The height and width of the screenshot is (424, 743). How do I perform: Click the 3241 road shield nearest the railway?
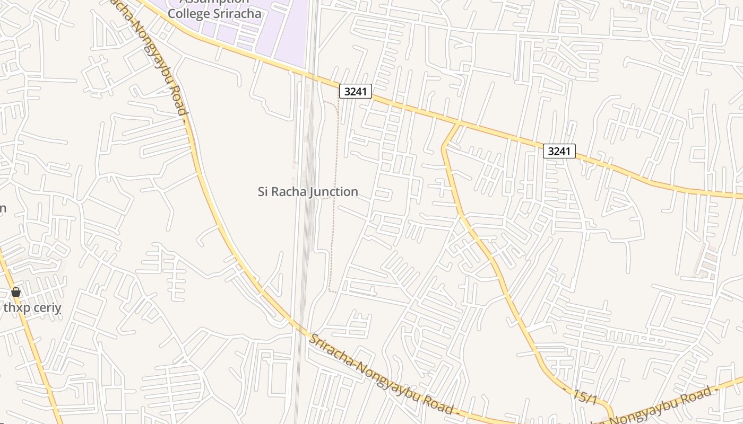point(355,91)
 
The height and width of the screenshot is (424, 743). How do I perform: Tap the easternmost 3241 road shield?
point(559,151)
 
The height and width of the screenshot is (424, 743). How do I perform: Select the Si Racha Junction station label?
point(308,191)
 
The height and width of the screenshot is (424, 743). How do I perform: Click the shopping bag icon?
point(16,292)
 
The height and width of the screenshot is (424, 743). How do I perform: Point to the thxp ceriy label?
point(32,307)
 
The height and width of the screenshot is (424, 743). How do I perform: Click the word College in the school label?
point(189,13)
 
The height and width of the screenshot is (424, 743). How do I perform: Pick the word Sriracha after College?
point(237,13)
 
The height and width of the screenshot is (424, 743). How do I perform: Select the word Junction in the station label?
point(334,191)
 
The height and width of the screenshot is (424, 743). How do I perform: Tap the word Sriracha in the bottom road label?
point(331,349)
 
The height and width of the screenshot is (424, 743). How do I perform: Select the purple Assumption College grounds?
point(281,32)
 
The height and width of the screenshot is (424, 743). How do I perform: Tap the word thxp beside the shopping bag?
point(15,307)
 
